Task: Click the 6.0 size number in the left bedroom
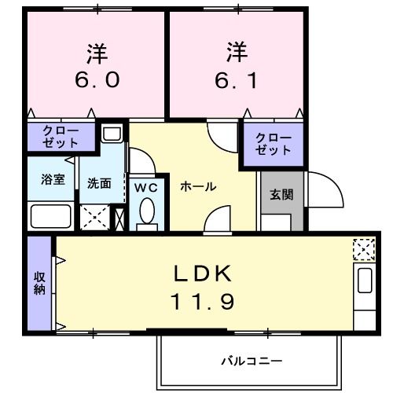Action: (97, 79)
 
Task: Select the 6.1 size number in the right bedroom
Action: (233, 79)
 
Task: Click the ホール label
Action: (198, 186)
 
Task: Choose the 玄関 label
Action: (281, 193)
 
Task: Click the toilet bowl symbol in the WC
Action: (145, 211)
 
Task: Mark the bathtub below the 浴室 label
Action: (52, 215)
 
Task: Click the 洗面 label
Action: (98, 183)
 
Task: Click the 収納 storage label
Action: (38, 283)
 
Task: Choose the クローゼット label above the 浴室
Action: (60, 137)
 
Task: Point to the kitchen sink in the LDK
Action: (364, 281)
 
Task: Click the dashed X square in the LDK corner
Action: (364, 249)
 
